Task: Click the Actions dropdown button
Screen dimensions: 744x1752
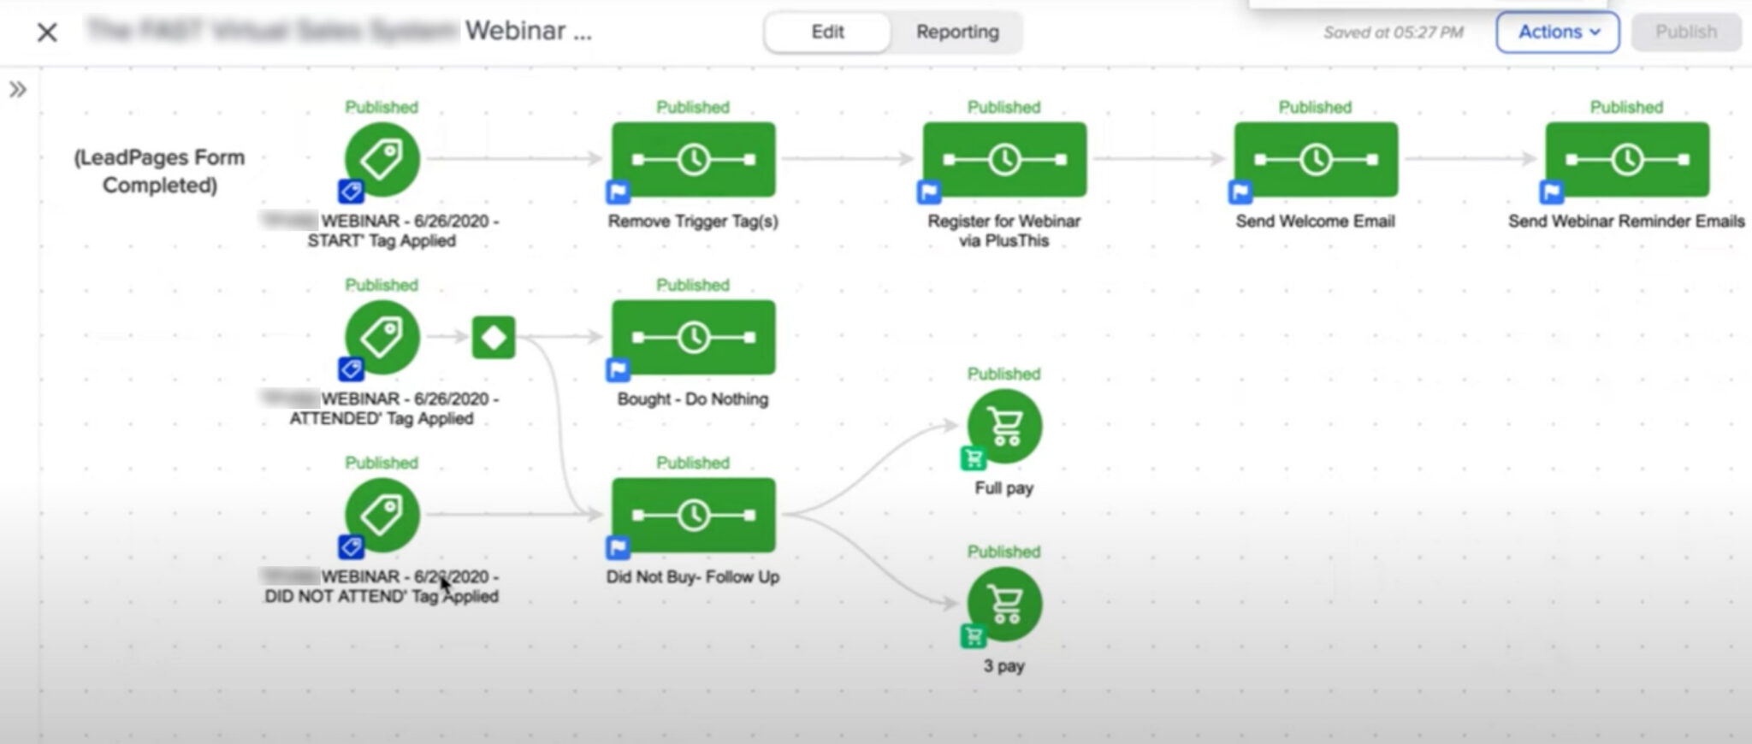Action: pos(1557,32)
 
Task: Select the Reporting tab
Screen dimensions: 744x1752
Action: pos(957,32)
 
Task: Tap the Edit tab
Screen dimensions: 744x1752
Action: pos(827,32)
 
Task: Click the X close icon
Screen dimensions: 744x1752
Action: pos(48,32)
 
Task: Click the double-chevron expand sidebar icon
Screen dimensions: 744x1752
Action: pos(18,90)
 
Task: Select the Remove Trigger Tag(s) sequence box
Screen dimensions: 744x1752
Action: pos(693,160)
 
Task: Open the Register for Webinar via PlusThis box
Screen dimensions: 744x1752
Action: pos(1004,160)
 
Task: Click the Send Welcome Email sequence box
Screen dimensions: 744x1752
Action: pos(1316,160)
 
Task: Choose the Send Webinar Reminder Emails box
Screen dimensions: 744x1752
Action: pos(1627,160)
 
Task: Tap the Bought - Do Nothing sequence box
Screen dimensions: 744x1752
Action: pos(693,338)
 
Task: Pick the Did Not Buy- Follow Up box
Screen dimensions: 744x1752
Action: pos(693,516)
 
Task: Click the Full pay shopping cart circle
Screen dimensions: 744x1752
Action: pos(1004,426)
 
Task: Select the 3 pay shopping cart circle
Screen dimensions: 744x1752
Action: pos(1004,604)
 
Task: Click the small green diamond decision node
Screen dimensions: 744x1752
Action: pos(494,338)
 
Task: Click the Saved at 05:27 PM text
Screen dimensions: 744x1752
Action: pos(1393,32)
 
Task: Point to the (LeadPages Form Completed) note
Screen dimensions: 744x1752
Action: pos(159,171)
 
